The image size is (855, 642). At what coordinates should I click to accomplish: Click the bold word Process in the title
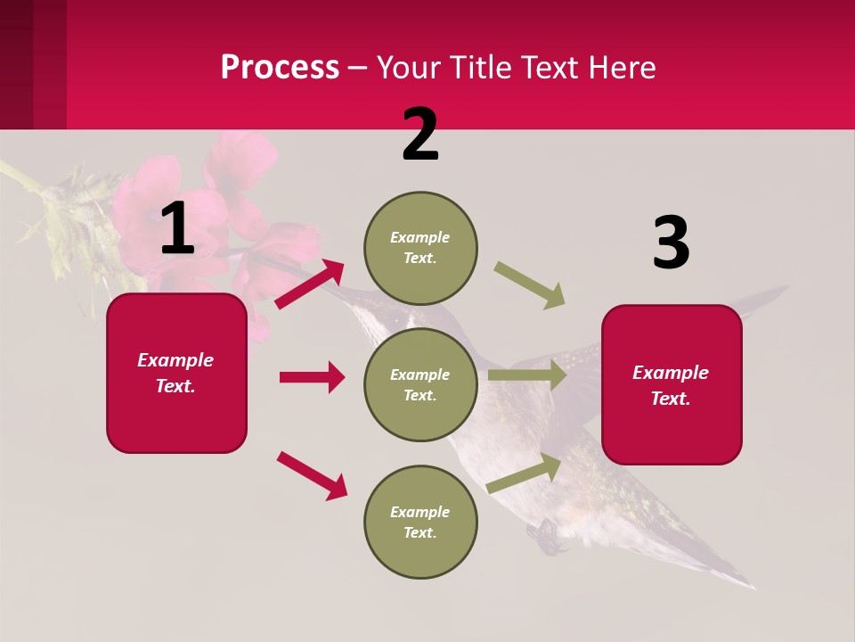280,67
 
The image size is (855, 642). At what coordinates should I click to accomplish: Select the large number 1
177,229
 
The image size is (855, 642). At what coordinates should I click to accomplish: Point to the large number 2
420,135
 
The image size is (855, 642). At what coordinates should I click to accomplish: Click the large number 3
671,243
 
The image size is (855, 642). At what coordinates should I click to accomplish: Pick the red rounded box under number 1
176,373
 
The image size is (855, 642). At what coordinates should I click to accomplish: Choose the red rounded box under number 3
672,385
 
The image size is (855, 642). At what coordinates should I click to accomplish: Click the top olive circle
420,248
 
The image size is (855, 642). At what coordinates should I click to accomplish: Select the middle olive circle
420,384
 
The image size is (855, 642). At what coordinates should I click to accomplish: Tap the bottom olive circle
420,522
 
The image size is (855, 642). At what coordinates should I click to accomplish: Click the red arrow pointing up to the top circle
310,284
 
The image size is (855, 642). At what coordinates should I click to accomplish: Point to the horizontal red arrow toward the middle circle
312,377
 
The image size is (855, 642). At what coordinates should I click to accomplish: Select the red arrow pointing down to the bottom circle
312,475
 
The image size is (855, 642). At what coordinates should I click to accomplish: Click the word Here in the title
622,67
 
